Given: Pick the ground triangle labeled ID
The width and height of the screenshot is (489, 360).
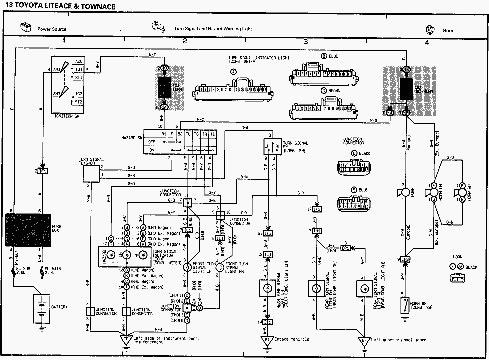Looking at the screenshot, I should (127, 340).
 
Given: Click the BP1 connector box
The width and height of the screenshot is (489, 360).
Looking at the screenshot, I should (344, 247).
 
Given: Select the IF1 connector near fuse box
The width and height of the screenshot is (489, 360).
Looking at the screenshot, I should (43, 171).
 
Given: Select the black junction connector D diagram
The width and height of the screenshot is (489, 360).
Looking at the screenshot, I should (353, 166).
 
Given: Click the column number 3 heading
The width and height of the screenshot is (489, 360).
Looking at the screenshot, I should (305, 42).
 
